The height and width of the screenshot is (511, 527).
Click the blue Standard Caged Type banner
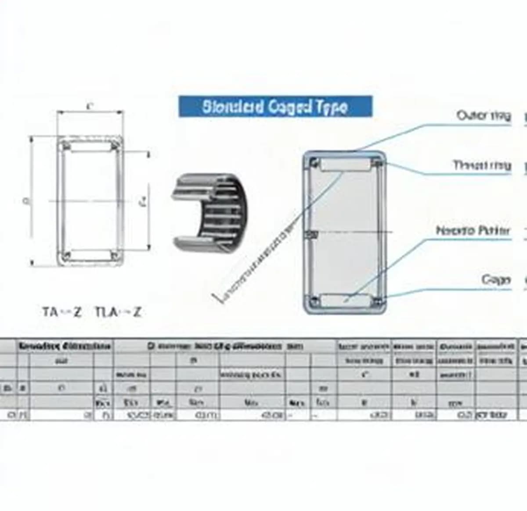[x=275, y=107]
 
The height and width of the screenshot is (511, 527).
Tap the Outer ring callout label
[x=484, y=116]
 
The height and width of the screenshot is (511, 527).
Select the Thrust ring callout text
[x=482, y=165]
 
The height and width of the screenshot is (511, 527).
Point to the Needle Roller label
[x=473, y=231]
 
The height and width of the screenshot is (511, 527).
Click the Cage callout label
[x=496, y=279]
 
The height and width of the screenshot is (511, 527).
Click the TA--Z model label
[x=62, y=312]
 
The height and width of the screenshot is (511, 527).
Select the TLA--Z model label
[x=118, y=312]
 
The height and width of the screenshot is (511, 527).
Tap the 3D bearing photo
[x=209, y=212]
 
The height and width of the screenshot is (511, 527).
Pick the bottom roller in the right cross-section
[x=345, y=300]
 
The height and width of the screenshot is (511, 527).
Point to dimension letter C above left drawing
[x=90, y=106]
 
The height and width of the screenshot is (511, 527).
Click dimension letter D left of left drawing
[x=25, y=201]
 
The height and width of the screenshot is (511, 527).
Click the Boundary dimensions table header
[x=64, y=346]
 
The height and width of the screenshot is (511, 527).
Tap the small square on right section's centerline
[x=312, y=235]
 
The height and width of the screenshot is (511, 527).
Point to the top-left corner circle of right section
[x=314, y=163]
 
